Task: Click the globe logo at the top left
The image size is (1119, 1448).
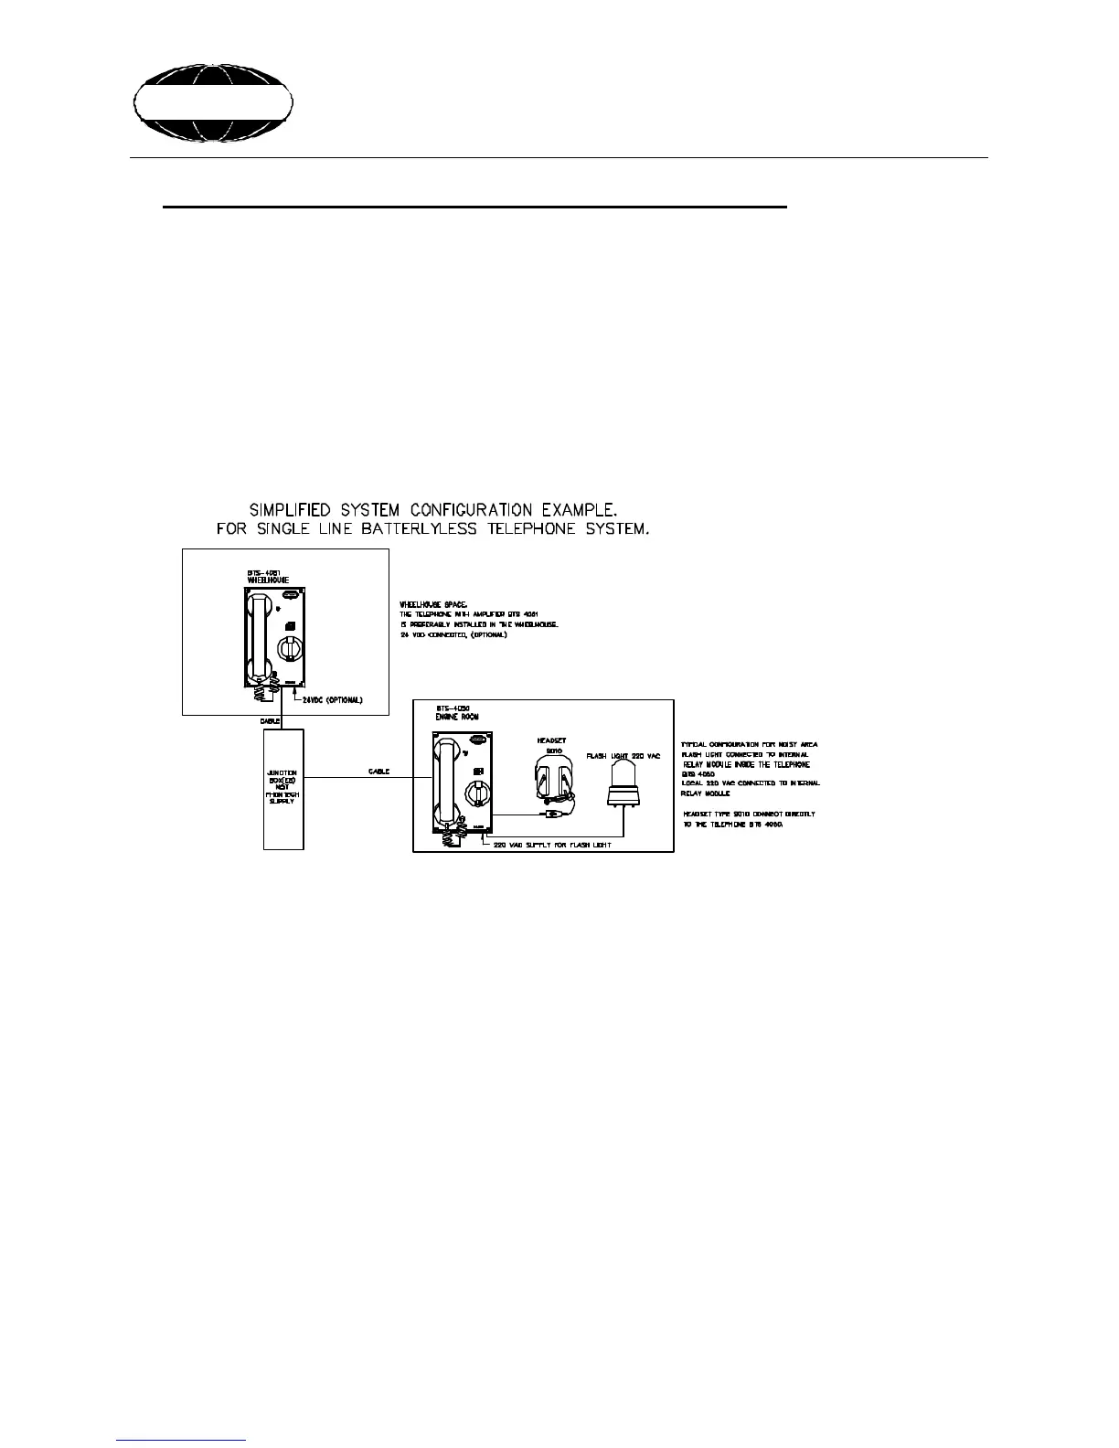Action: click(214, 102)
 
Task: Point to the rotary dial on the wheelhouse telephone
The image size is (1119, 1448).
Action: click(289, 649)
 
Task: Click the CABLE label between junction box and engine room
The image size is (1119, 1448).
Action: click(378, 772)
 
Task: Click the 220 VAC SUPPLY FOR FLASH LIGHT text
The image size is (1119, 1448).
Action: click(554, 844)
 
